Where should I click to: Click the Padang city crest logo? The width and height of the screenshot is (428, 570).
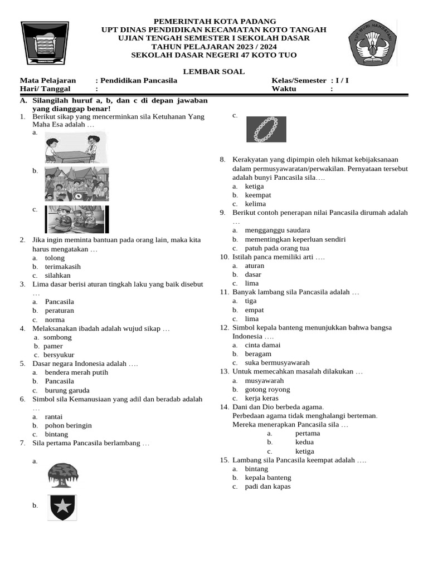coord(45,43)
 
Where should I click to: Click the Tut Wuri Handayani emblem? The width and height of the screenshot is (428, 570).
coord(373,43)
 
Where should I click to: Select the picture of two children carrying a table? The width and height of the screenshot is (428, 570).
coord(75,147)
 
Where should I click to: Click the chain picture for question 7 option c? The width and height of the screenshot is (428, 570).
coord(266,129)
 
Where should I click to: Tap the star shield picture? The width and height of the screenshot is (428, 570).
coord(62,507)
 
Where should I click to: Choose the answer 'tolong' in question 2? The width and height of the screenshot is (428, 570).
coord(55,258)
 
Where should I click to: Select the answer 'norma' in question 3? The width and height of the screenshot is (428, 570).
coord(55,320)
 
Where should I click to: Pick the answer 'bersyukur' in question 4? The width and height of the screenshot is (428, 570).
coord(59,355)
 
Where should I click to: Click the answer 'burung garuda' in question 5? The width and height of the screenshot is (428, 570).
coord(67,390)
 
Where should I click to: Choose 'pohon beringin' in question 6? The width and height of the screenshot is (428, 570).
coord(68,425)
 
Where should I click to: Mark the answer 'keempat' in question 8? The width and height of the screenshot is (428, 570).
coord(258,195)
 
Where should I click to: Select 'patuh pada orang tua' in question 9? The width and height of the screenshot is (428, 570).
coord(277,248)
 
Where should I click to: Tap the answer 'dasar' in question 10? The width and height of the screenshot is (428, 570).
coord(253,274)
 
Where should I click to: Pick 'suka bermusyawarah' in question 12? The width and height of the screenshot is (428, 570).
coord(277,363)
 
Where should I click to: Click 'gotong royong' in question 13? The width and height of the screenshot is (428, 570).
coord(267,390)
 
